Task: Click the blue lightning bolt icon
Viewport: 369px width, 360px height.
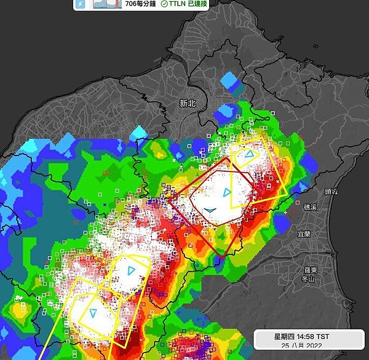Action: [x=81, y=4]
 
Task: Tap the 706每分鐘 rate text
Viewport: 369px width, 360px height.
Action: [x=140, y=4]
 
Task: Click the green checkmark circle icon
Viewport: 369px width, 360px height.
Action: [x=164, y=4]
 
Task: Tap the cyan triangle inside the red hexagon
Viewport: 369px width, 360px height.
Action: [x=226, y=193]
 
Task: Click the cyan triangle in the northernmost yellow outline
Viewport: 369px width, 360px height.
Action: [x=248, y=154]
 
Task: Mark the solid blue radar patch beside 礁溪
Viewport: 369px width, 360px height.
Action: [x=282, y=224]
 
